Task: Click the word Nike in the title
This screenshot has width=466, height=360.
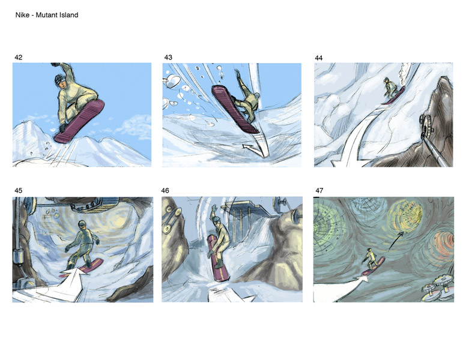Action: (22, 15)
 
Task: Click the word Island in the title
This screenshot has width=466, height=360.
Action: (68, 15)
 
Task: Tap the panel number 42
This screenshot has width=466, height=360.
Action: (19, 58)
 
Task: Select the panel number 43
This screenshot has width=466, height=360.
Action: (168, 58)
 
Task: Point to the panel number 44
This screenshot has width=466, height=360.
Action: (319, 58)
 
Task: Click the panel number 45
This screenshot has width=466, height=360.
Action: (19, 190)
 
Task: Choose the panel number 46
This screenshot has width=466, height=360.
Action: (165, 190)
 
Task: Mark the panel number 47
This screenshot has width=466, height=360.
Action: (319, 190)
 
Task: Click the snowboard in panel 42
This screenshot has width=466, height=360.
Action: (79, 121)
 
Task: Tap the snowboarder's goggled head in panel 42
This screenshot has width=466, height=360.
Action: (60, 80)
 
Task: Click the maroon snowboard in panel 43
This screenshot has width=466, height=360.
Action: (235, 109)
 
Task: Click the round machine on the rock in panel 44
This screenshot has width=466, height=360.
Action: (426, 124)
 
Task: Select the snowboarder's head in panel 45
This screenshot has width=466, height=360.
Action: (82, 225)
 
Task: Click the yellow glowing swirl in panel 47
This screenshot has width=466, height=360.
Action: (407, 215)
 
